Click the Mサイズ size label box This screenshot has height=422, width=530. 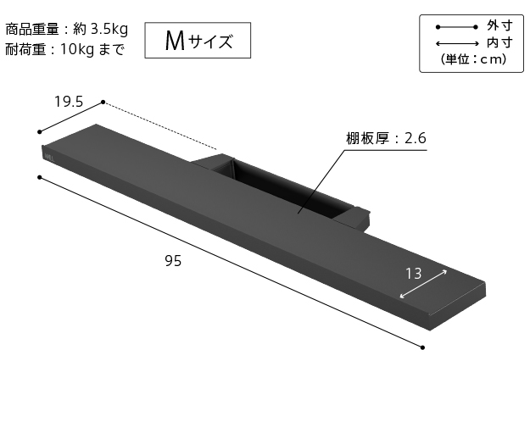[x=198, y=39]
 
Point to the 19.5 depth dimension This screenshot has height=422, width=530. [x=68, y=102]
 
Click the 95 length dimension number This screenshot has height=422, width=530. [x=173, y=261]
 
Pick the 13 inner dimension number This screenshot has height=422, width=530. [x=413, y=273]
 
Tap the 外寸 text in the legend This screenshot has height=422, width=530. [x=498, y=25]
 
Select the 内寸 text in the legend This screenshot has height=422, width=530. [x=498, y=42]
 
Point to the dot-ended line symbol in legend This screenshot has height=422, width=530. [x=455, y=26]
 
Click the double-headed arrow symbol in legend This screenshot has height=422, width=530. [x=455, y=43]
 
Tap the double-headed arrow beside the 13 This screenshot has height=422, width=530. [x=423, y=284]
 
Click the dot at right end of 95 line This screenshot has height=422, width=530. [x=422, y=346]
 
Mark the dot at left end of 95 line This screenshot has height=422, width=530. [x=39, y=177]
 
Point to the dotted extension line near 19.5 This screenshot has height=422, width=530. [x=161, y=126]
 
